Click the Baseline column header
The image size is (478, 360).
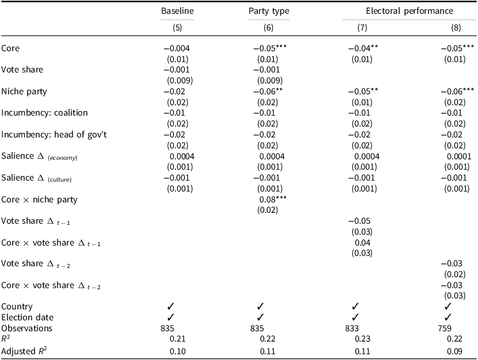177,11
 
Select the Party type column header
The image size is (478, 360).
269,11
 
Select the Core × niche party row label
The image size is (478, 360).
39,200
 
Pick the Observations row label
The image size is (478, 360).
26,328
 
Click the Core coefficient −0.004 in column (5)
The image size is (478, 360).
176,48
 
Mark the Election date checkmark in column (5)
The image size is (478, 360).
171,317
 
